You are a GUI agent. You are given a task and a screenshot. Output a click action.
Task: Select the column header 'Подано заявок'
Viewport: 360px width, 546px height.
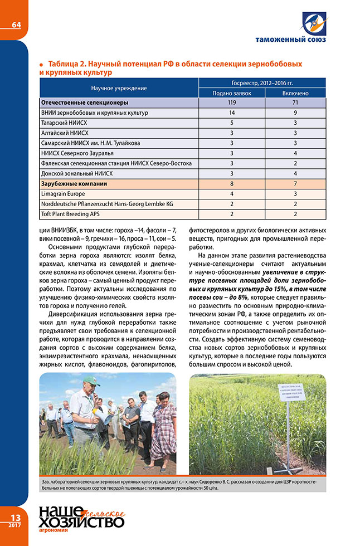point(232,93)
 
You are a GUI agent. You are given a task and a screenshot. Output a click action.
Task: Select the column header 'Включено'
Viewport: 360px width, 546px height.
point(295,93)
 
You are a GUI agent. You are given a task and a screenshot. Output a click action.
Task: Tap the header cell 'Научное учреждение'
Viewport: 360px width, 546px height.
point(119,88)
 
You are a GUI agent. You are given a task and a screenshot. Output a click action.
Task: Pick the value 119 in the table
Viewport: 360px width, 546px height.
point(232,103)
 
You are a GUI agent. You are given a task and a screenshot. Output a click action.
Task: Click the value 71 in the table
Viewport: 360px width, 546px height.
point(295,103)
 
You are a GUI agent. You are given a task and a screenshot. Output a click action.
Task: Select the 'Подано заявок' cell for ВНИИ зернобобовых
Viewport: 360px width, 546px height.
point(232,113)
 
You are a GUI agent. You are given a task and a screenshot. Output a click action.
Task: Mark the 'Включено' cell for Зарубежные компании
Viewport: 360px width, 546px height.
point(295,183)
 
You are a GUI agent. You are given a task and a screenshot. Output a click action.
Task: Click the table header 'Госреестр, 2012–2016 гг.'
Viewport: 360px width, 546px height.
point(262,82)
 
